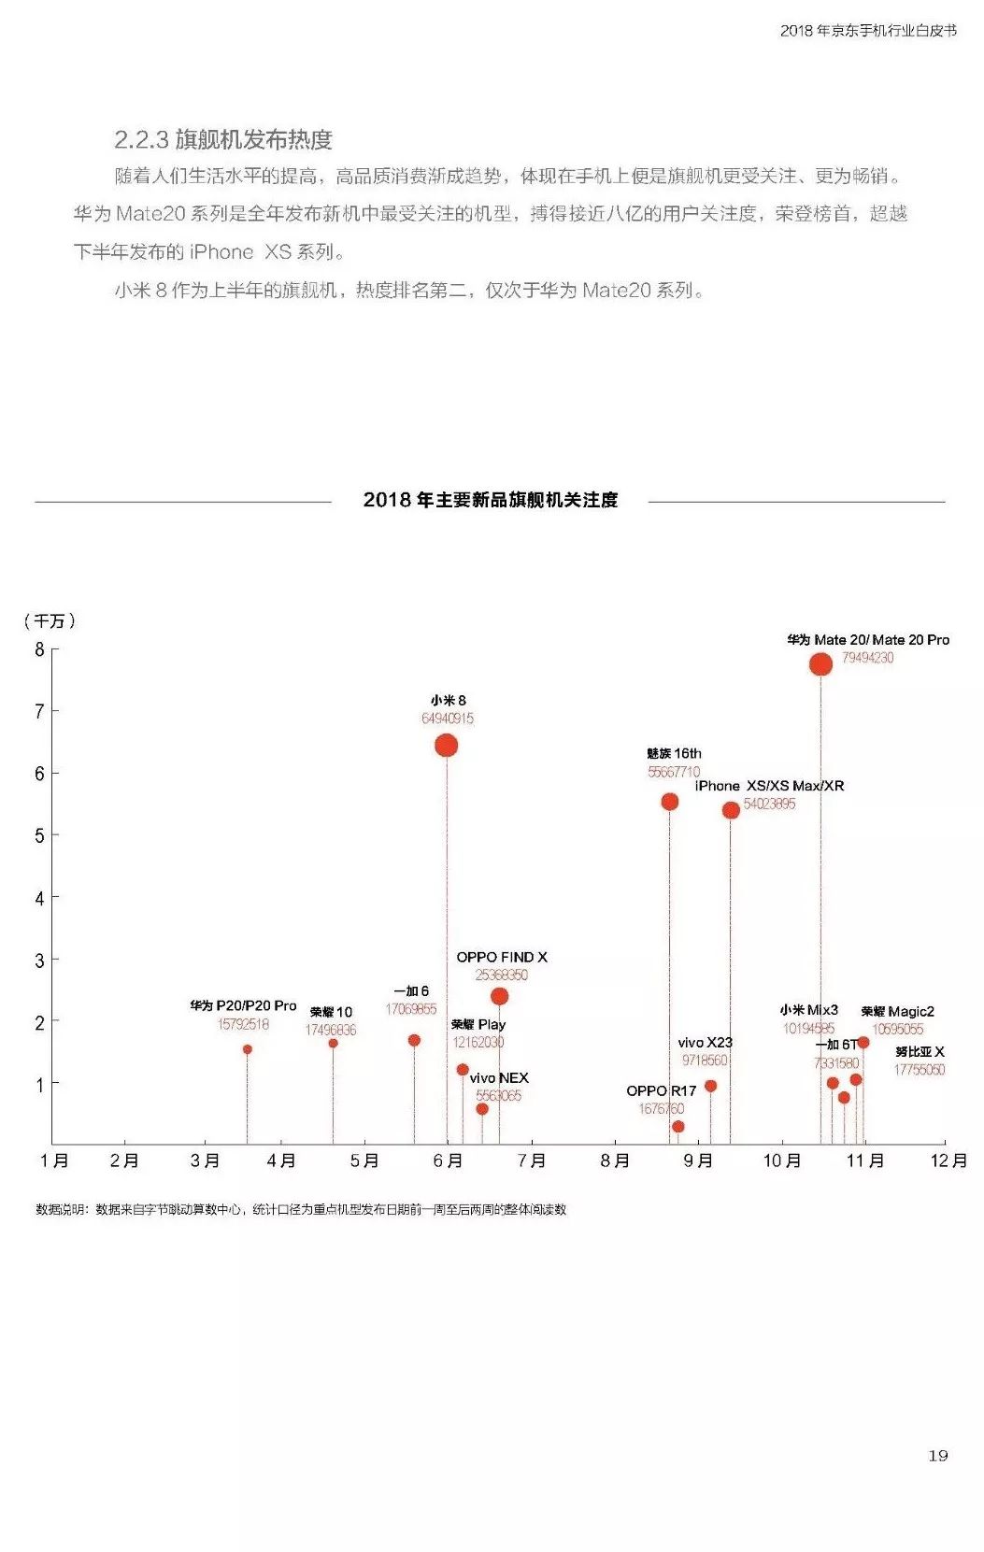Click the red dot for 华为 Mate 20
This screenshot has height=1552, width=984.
coord(820,663)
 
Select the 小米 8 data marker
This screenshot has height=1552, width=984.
coord(446,745)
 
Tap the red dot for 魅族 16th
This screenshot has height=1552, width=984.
coord(669,802)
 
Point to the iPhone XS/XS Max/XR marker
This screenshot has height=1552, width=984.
coord(731,810)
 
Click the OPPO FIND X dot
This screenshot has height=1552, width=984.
coord(499,996)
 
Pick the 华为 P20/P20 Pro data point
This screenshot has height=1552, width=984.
coord(247,1049)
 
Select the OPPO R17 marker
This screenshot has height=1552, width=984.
coord(677,1126)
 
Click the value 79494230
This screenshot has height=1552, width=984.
coord(867,658)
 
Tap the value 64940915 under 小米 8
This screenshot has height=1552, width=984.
coord(447,719)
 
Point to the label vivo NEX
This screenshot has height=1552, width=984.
coord(499,1078)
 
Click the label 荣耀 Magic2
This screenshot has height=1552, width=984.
coord(897,1011)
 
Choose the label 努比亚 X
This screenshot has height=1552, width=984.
coord(920,1052)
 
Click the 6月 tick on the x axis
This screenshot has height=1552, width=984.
coord(448,1160)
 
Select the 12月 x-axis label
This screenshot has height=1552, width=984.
coord(948,1160)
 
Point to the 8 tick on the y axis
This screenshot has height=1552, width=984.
coord(39,649)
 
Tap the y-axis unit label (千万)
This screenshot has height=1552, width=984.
coord(50,621)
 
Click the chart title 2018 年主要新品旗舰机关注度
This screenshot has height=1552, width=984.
coord(491,500)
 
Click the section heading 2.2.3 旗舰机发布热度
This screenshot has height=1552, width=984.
coord(223,140)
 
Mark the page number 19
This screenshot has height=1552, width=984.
coord(937,1455)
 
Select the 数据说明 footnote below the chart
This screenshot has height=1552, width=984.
coord(301,1209)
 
